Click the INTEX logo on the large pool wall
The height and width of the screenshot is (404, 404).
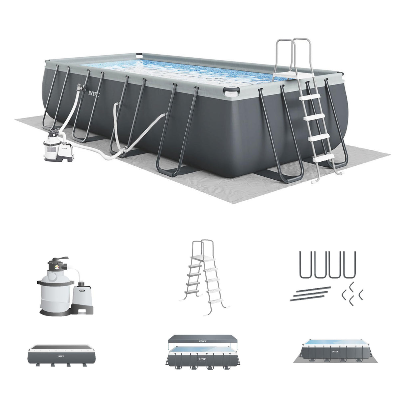(94, 93)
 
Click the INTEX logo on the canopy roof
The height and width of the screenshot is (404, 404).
(202, 341)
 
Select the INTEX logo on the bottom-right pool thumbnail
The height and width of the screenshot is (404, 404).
(335, 352)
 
